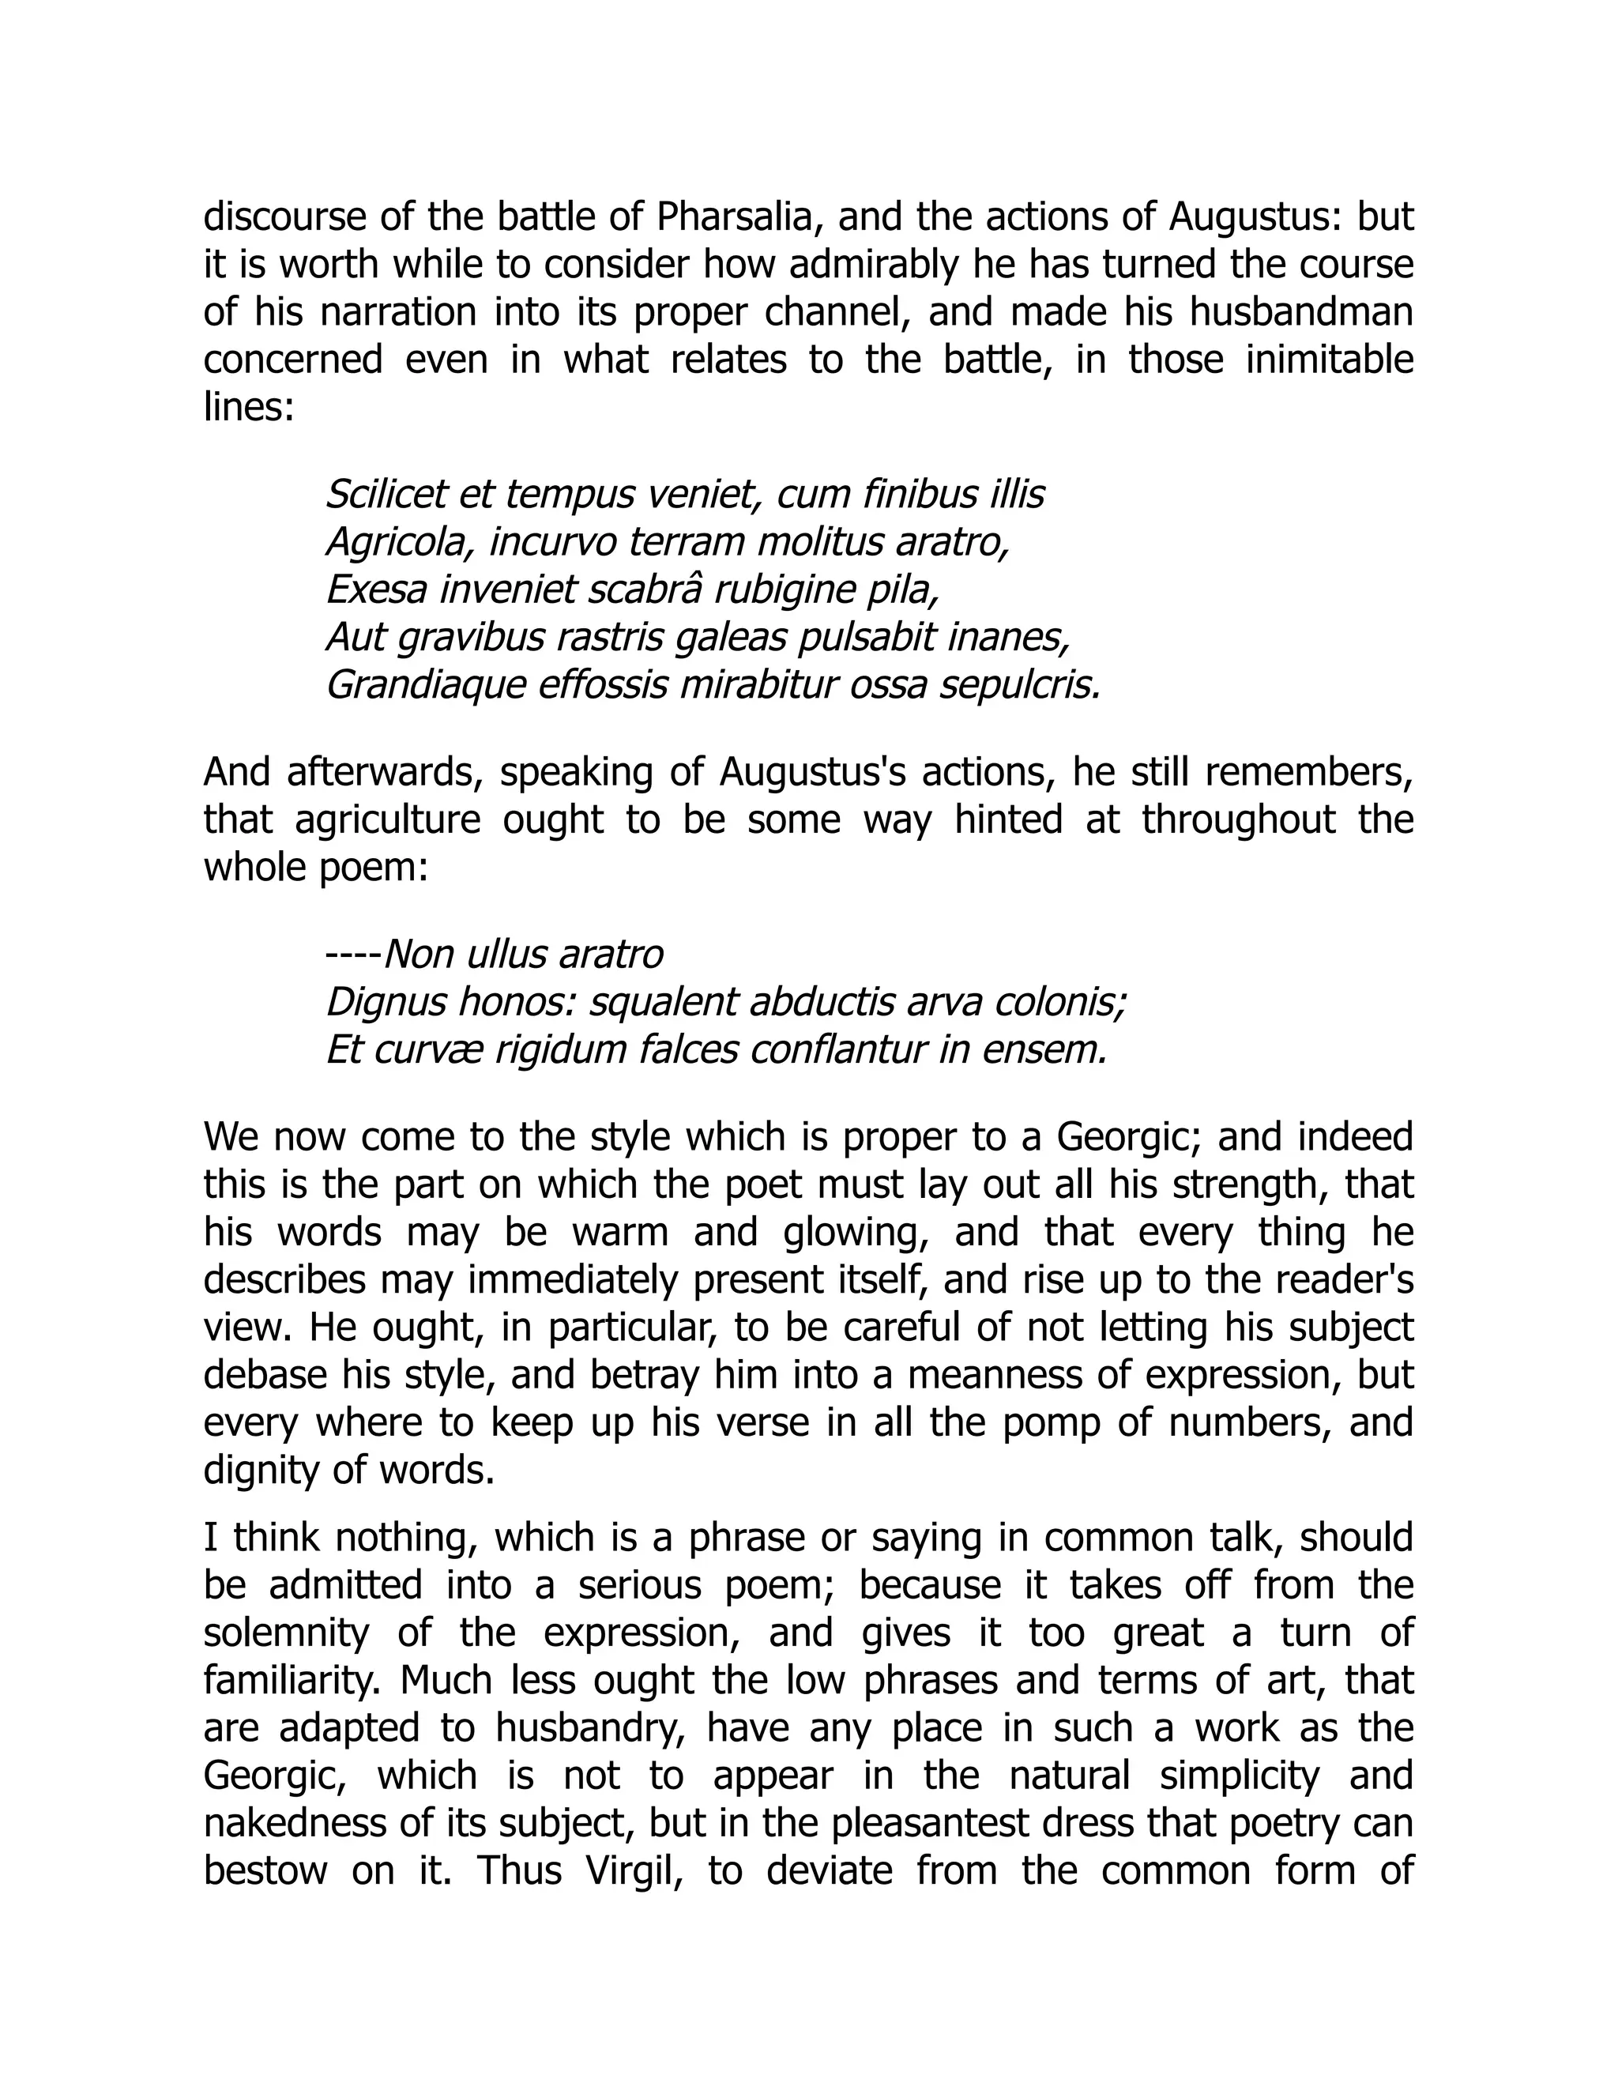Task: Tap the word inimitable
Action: (1330, 360)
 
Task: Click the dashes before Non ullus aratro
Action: (352, 955)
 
